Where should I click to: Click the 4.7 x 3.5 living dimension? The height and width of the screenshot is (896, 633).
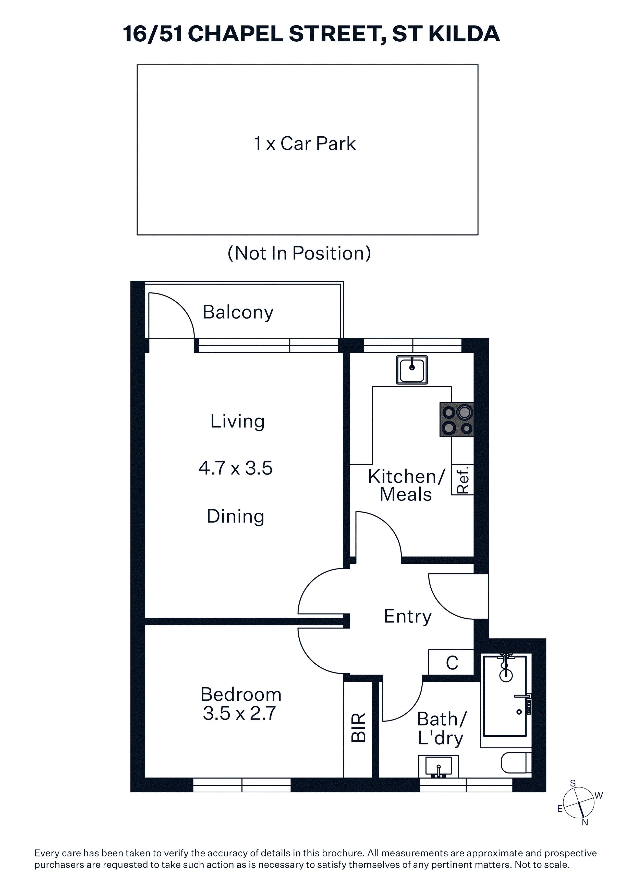point(236,468)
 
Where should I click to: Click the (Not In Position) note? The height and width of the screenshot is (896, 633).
point(299,253)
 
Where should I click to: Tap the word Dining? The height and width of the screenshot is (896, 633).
point(236,517)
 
